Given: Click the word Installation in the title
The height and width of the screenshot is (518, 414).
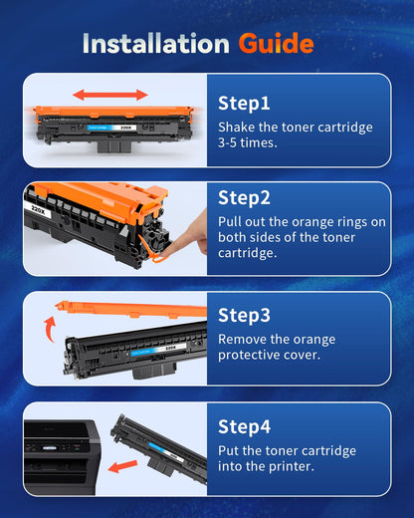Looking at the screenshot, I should pos(156,44).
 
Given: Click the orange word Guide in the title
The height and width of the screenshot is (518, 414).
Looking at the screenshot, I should pos(276,44).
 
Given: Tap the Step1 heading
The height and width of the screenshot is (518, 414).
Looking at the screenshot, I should pos(244,103).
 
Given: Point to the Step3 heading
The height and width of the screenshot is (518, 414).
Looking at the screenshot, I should pos(245,315).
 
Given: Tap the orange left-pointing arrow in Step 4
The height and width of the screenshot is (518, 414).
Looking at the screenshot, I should pos(125,465).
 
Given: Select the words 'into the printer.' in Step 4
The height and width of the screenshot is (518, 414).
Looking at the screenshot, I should pos(267,466).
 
